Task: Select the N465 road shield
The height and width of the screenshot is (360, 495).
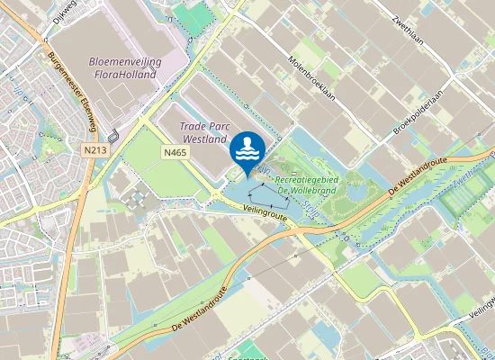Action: coord(175,154)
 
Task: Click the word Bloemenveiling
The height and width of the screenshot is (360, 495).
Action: coord(124,60)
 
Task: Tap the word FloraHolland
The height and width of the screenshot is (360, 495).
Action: coord(124,74)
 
